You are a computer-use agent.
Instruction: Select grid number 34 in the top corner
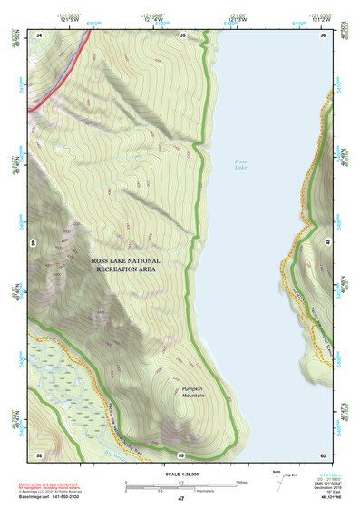[x=40, y=35]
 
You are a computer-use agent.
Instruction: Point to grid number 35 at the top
[x=182, y=35]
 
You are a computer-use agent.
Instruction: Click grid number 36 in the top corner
[x=322, y=35]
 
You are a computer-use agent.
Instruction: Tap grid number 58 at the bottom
[x=40, y=454]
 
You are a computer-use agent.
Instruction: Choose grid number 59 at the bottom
[x=181, y=454]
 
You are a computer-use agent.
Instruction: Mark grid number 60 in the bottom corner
[x=322, y=454]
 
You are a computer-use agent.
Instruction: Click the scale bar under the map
[x=180, y=486]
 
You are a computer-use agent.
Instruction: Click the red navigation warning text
[x=45, y=487]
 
